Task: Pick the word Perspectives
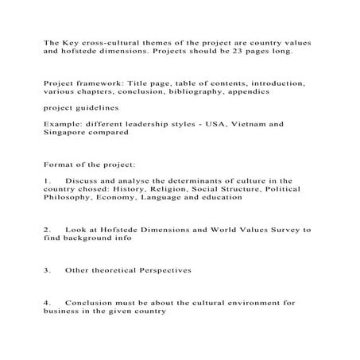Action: pos(175,270)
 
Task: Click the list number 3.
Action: pos(47,270)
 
